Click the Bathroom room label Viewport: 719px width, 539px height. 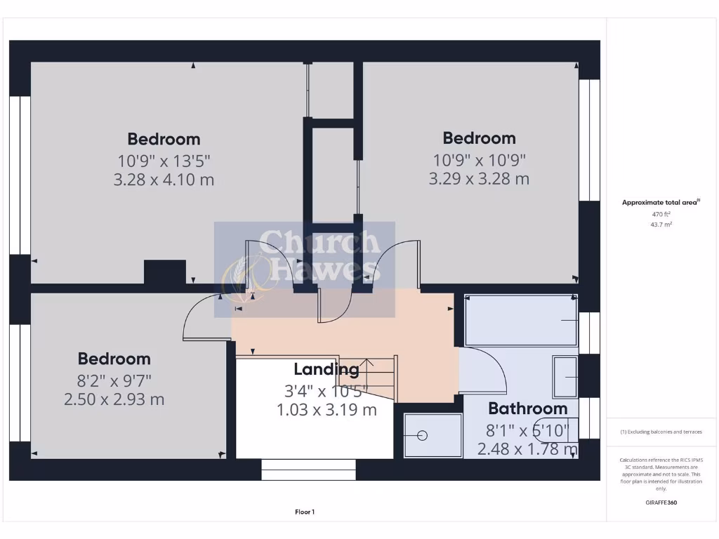527,408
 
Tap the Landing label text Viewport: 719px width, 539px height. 326,369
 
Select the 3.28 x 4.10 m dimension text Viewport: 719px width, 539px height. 164,180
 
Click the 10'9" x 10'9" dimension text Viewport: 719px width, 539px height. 479,159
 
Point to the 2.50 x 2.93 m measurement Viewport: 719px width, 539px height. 114,400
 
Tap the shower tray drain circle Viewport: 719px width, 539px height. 423,436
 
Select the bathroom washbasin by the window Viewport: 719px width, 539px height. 565,377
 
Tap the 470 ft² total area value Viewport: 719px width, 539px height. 661,214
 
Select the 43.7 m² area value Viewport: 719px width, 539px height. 661,225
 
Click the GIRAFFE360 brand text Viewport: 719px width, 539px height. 661,503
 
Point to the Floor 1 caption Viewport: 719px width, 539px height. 305,512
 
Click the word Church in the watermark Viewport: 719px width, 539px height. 319,243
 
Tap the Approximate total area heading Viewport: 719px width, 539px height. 660,202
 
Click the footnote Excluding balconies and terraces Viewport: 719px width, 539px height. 661,432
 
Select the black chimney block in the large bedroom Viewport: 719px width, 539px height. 165,272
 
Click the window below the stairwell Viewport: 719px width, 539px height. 308,470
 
